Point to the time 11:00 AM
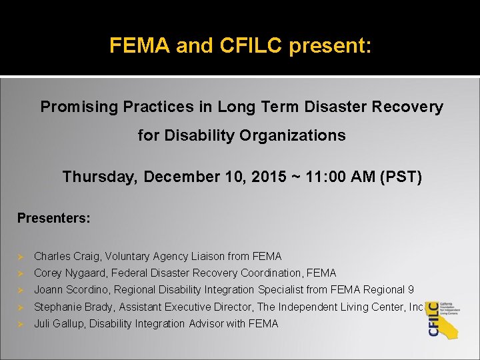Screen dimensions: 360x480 pyautogui.click(x=345, y=177)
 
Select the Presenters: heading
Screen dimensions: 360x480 pyautogui.click(x=54, y=218)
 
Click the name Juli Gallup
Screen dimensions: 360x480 pyautogui.click(x=59, y=323)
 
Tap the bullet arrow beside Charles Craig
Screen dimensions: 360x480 pyautogui.click(x=21, y=257)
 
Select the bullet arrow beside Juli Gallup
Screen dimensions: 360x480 pyautogui.click(x=21, y=324)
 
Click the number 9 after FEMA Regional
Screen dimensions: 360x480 pyautogui.click(x=411, y=289)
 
